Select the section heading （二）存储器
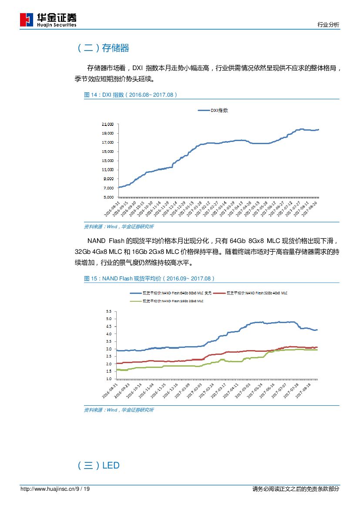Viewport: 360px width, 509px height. point(103,48)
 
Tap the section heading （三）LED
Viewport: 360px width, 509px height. point(98,466)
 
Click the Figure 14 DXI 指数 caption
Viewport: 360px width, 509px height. point(130,95)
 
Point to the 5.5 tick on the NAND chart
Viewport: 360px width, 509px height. point(108,311)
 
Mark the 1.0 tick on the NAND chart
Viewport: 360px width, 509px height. point(108,379)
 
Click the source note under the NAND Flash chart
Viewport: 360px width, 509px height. point(118,410)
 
